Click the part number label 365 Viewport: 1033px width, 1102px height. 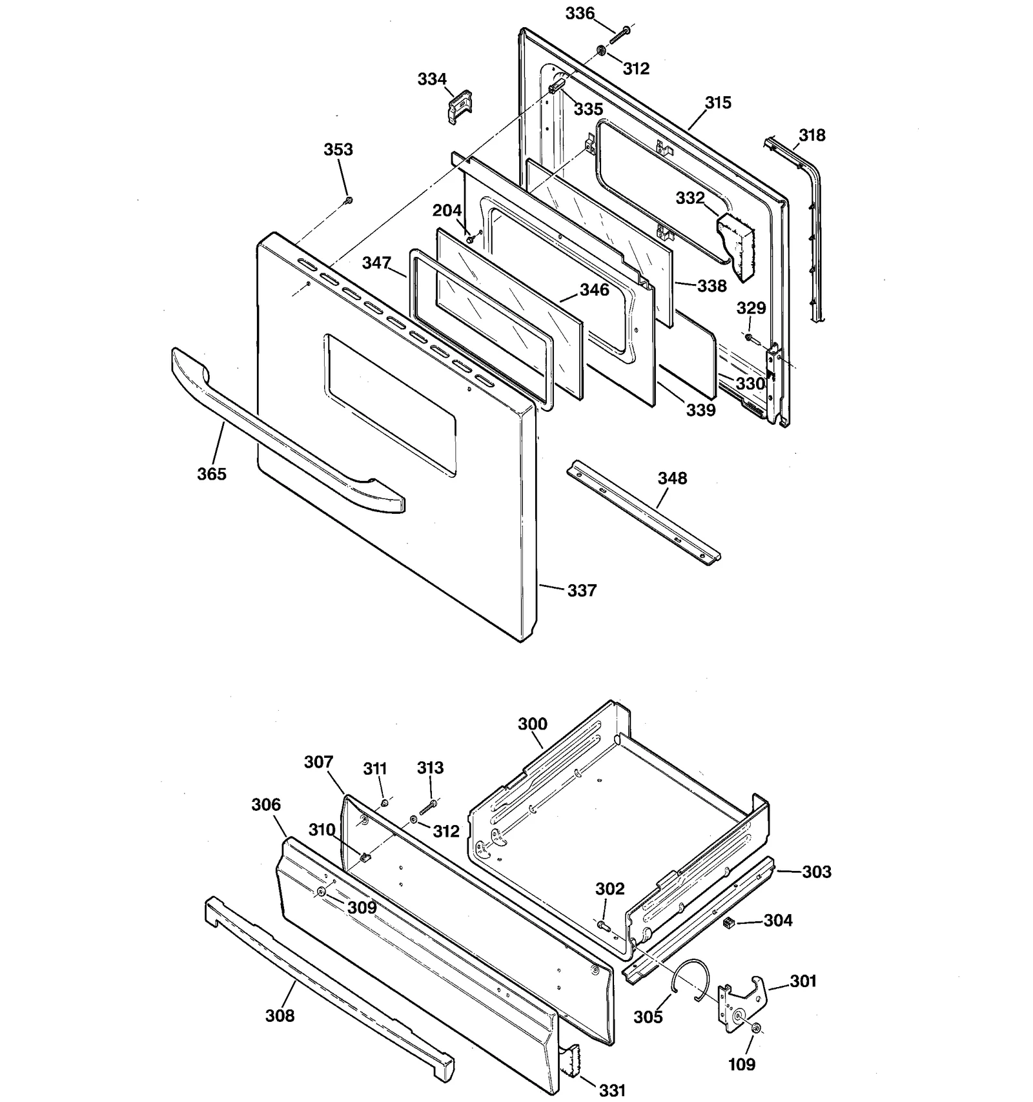pyautogui.click(x=212, y=474)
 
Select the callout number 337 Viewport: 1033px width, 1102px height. pyautogui.click(x=582, y=590)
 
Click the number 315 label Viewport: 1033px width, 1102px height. pyautogui.click(x=717, y=103)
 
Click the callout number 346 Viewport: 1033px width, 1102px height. pyautogui.click(x=594, y=290)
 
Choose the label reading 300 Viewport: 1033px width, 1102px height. pyautogui.click(x=532, y=724)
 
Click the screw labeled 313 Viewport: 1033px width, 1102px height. pyautogui.click(x=428, y=806)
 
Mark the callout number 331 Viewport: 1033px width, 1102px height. pyautogui.click(x=612, y=1090)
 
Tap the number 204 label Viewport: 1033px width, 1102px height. pyautogui.click(x=447, y=210)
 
